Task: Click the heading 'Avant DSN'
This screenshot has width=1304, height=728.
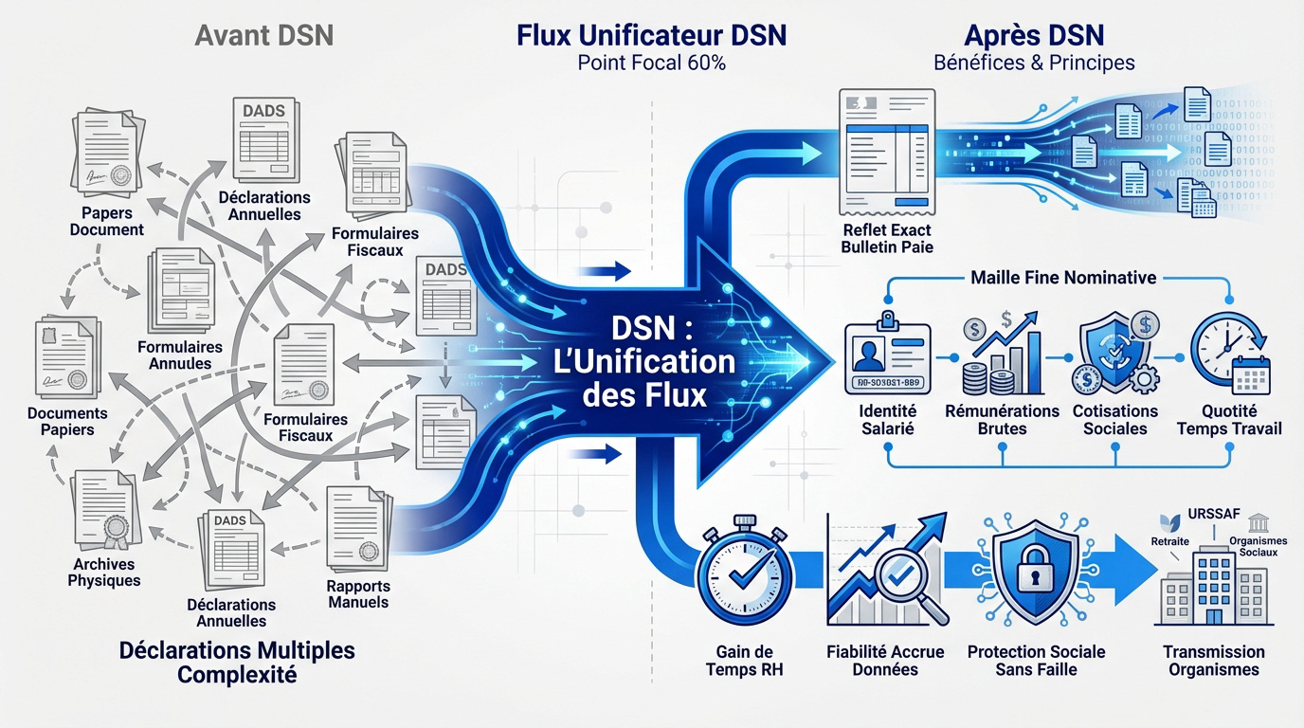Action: pos(263,37)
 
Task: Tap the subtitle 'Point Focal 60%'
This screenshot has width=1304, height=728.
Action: pos(651,64)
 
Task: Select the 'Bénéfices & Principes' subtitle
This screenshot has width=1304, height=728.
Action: pos(1034,64)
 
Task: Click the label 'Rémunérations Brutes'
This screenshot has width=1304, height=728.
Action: pos(1002,419)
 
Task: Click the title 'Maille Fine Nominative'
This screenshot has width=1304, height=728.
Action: pos(1061,278)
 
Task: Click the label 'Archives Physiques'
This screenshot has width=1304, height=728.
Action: pos(104,573)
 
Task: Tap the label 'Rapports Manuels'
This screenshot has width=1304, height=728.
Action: pos(357,593)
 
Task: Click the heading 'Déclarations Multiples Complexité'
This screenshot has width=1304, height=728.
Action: pos(237,663)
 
